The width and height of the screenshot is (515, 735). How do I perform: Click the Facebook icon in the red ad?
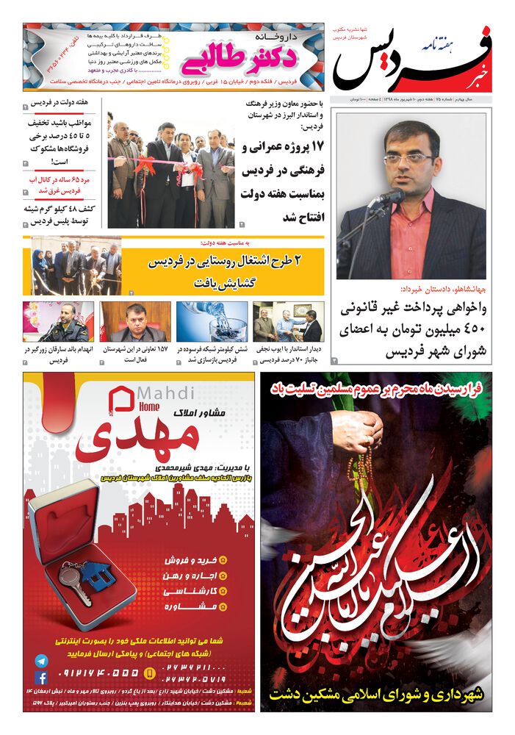[x=41, y=678]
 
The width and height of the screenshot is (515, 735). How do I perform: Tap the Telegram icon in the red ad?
[x=41, y=661]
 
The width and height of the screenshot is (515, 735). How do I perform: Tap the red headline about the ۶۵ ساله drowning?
[x=58, y=184]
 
